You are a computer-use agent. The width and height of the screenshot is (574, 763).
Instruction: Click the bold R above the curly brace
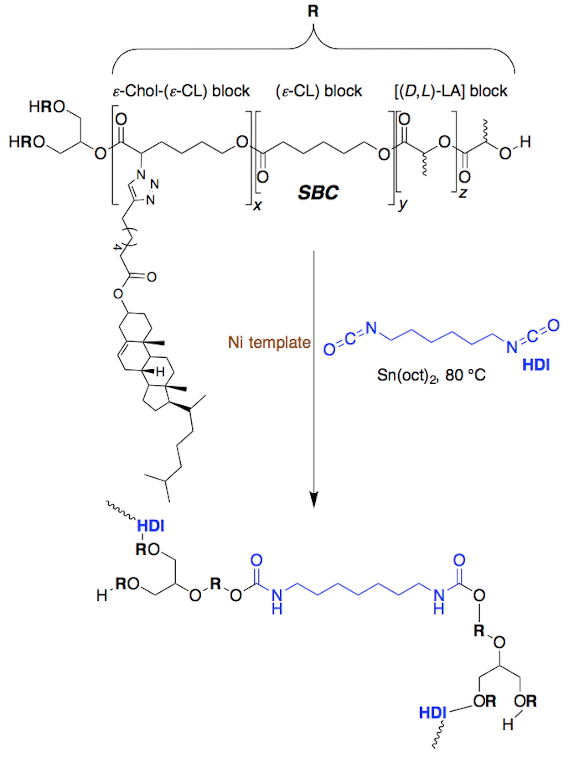(313, 11)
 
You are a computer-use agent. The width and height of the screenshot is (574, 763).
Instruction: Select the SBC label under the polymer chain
(318, 192)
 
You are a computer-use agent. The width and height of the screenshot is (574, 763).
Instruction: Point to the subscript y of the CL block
(402, 204)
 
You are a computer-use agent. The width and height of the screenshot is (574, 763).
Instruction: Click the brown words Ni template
(269, 342)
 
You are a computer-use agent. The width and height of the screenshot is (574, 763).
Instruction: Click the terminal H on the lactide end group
(525, 142)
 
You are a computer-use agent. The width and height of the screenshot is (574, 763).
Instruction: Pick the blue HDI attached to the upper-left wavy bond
(151, 526)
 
